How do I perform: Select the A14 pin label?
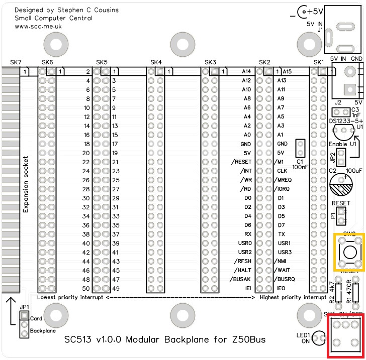(x=246, y=72)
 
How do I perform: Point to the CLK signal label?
(x=282, y=171)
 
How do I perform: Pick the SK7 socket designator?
(x=16, y=62)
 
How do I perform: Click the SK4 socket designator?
(x=156, y=62)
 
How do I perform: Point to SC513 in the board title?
(x=79, y=340)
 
